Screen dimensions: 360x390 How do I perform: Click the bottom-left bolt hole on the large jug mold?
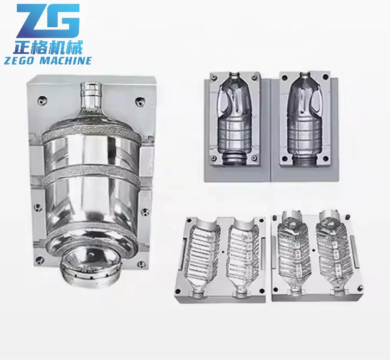coord(38,207)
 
